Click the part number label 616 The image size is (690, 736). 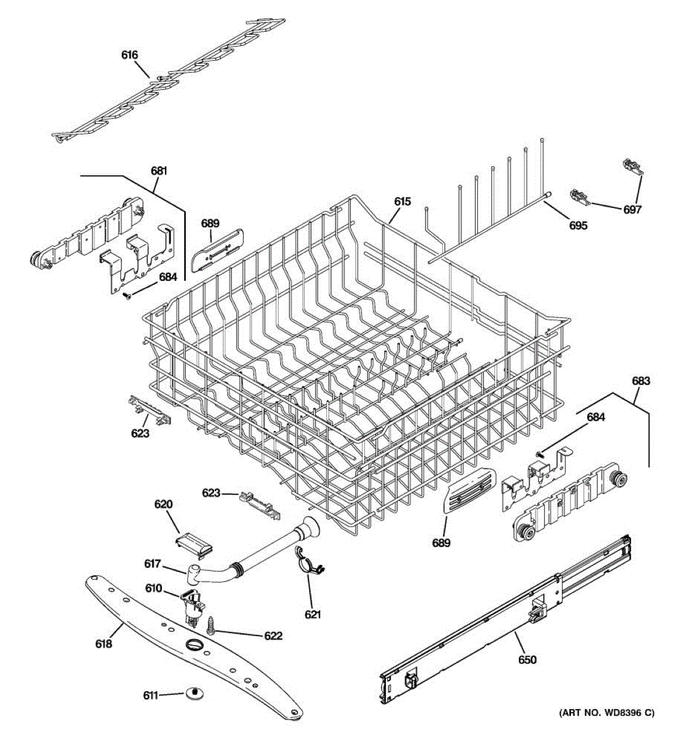[x=129, y=55]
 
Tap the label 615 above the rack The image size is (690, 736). [x=402, y=201]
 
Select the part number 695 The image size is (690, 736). [x=578, y=226]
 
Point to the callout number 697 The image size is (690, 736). [x=632, y=210]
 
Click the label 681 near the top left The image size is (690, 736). [x=159, y=171]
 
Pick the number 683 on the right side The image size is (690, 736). [x=640, y=381]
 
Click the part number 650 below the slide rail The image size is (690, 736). [x=527, y=660]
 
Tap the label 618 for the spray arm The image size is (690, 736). [x=104, y=644]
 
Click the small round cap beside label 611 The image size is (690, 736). [x=194, y=693]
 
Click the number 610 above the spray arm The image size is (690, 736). [x=153, y=589]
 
